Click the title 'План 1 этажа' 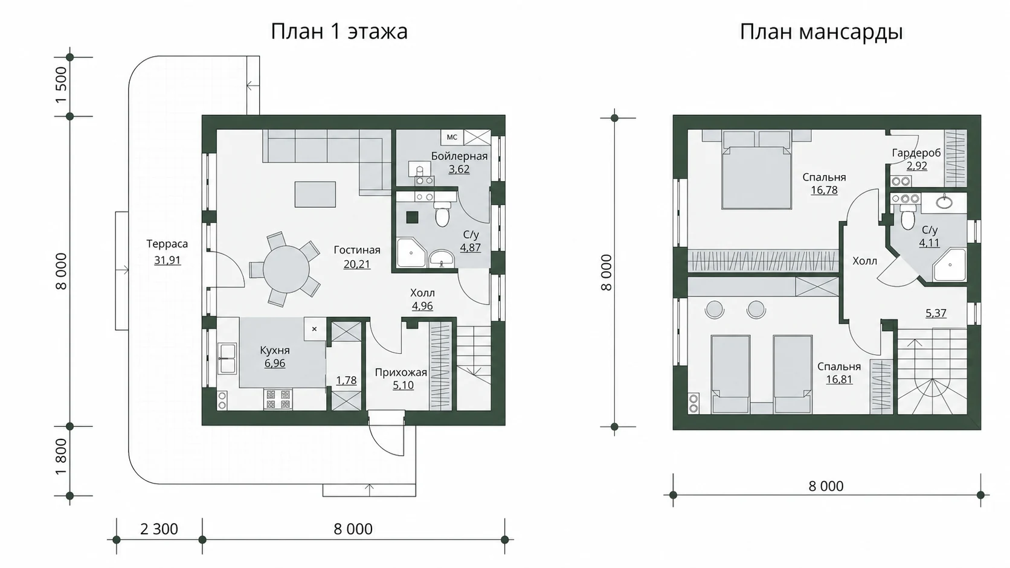tap(339, 31)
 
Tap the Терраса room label tap(167, 244)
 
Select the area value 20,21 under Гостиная tap(356, 264)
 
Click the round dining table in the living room tap(286, 269)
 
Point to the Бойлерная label tap(459, 156)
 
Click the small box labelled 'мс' tap(452, 137)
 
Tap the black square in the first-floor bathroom tap(412, 217)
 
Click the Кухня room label tap(275, 350)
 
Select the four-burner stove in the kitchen tap(278, 400)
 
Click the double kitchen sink tap(227, 359)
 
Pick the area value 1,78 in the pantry tap(346, 380)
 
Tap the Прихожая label tap(401, 372)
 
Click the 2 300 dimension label tap(159, 529)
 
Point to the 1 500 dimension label tap(61, 85)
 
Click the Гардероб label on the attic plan tap(916, 153)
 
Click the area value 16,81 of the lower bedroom tap(839, 379)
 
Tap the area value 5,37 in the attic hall tap(936, 313)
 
